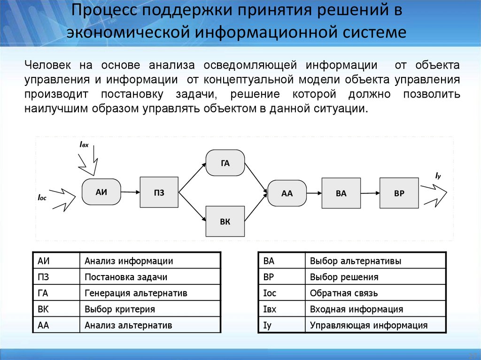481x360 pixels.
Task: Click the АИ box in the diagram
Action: tap(101, 192)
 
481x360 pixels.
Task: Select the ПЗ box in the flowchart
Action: tap(159, 192)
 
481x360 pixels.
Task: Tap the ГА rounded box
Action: tap(225, 163)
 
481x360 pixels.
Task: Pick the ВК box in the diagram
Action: tap(225, 221)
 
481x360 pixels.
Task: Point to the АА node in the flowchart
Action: tap(287, 193)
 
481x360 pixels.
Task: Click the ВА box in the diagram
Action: tap(341, 193)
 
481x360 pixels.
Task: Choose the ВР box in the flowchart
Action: tap(399, 193)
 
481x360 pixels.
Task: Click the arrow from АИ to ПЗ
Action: tap(130, 192)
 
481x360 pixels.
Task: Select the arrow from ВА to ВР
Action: tap(370, 193)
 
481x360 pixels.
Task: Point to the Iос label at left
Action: tap(42, 199)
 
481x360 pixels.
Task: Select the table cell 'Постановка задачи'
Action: tap(126, 277)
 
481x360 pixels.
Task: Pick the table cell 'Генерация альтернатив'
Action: tap(136, 293)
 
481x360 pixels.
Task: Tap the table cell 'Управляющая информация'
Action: tap(368, 325)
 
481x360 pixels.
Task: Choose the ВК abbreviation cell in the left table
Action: tap(44, 309)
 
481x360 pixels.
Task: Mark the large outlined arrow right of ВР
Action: tap(434, 193)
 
